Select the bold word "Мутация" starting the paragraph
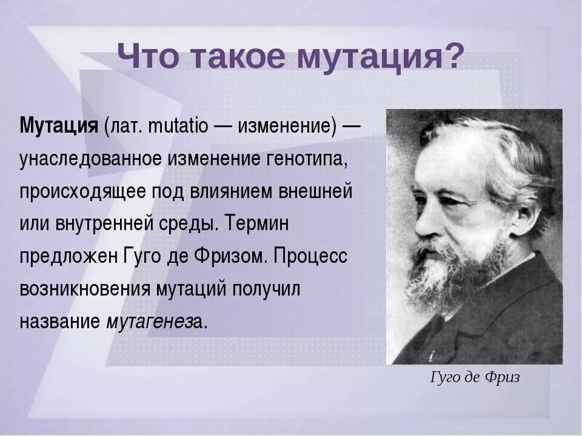(x=59, y=127)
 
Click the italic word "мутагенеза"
(x=154, y=322)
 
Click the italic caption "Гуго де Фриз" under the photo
(x=475, y=377)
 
